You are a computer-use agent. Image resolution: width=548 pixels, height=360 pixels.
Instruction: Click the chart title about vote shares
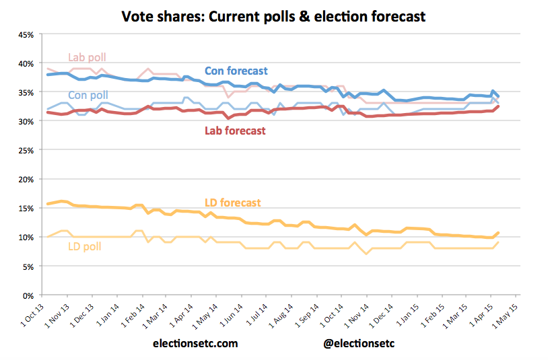(273, 15)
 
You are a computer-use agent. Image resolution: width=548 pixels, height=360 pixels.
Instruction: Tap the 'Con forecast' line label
(236, 71)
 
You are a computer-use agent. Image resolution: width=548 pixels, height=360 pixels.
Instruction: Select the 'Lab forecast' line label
(235, 131)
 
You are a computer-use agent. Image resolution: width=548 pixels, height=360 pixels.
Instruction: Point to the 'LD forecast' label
(232, 203)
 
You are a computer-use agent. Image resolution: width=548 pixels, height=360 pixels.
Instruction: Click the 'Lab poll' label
(87, 57)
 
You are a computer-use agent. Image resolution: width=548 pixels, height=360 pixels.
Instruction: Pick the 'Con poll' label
(88, 96)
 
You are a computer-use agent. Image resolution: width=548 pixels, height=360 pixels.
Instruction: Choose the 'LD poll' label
(84, 247)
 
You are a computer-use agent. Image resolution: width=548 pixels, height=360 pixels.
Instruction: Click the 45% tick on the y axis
(24, 34)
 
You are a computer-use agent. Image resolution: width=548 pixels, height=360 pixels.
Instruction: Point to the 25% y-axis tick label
(24, 150)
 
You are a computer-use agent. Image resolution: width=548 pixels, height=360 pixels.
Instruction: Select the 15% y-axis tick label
(24, 209)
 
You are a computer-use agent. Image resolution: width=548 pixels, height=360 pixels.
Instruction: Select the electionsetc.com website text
(195, 343)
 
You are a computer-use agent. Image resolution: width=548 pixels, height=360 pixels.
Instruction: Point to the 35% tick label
(24, 92)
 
